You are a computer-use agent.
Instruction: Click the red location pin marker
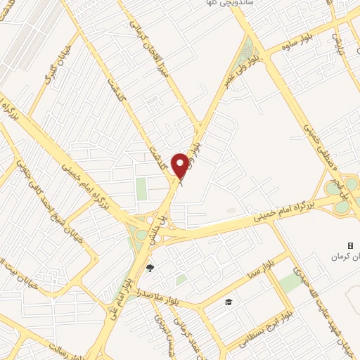(x=180, y=165)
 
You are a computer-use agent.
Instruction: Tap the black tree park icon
(x=150, y=267)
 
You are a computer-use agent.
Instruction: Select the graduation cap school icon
(x=228, y=302)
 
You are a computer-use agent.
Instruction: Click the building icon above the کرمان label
(x=350, y=245)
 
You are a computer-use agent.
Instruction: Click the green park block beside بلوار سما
(x=289, y=282)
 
